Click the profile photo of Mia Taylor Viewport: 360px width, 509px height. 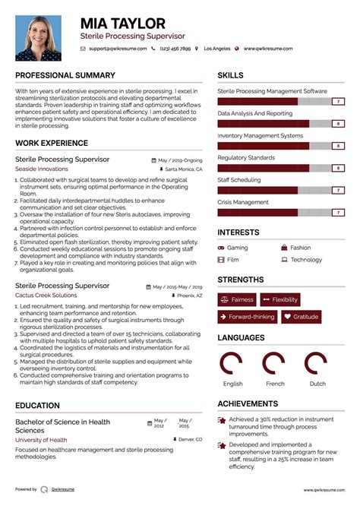[39, 38]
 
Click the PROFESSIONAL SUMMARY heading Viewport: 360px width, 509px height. [65, 75]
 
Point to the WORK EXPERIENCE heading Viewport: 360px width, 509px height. [51, 143]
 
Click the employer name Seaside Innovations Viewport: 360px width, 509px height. [41, 169]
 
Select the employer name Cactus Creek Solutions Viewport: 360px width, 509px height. [46, 295]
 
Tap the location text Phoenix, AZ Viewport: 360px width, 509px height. [190, 295]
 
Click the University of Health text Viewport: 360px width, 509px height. [40, 441]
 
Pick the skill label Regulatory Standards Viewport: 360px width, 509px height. [246, 157]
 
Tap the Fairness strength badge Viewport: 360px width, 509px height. [237, 299]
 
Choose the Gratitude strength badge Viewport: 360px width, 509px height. [302, 317]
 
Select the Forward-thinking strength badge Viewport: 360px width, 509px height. [247, 317]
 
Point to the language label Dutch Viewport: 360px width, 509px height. [317, 384]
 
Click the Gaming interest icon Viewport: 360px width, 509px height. [221, 248]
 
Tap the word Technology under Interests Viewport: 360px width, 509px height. [306, 260]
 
